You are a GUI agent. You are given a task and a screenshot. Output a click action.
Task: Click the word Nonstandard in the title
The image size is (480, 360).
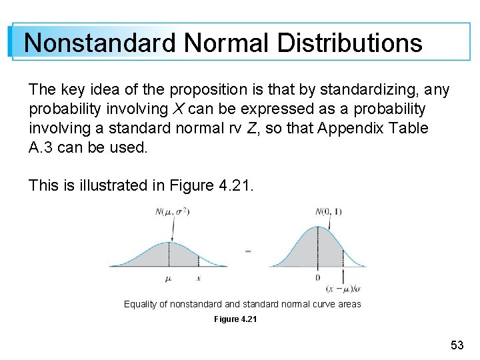pos(100,43)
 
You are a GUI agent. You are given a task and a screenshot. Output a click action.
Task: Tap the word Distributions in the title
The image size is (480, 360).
pos(349,43)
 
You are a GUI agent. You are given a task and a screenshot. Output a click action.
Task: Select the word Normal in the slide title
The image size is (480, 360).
pos(226,43)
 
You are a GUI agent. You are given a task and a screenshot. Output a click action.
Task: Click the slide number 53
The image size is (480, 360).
pos(457,345)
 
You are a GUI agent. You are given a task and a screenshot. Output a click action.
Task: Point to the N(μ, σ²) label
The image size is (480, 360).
pos(171,212)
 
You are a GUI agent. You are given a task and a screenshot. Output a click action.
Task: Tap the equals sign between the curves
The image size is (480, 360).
pos(249,251)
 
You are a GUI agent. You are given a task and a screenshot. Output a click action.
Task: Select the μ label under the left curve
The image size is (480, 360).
pos(168,279)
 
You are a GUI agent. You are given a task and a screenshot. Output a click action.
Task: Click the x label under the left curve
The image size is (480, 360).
pos(198,278)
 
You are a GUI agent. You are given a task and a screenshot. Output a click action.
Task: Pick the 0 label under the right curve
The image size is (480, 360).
pos(317,277)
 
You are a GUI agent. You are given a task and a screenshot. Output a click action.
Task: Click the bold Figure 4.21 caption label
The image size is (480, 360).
pos(235,319)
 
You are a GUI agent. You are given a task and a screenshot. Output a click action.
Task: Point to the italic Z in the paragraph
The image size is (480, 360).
pos(250,128)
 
